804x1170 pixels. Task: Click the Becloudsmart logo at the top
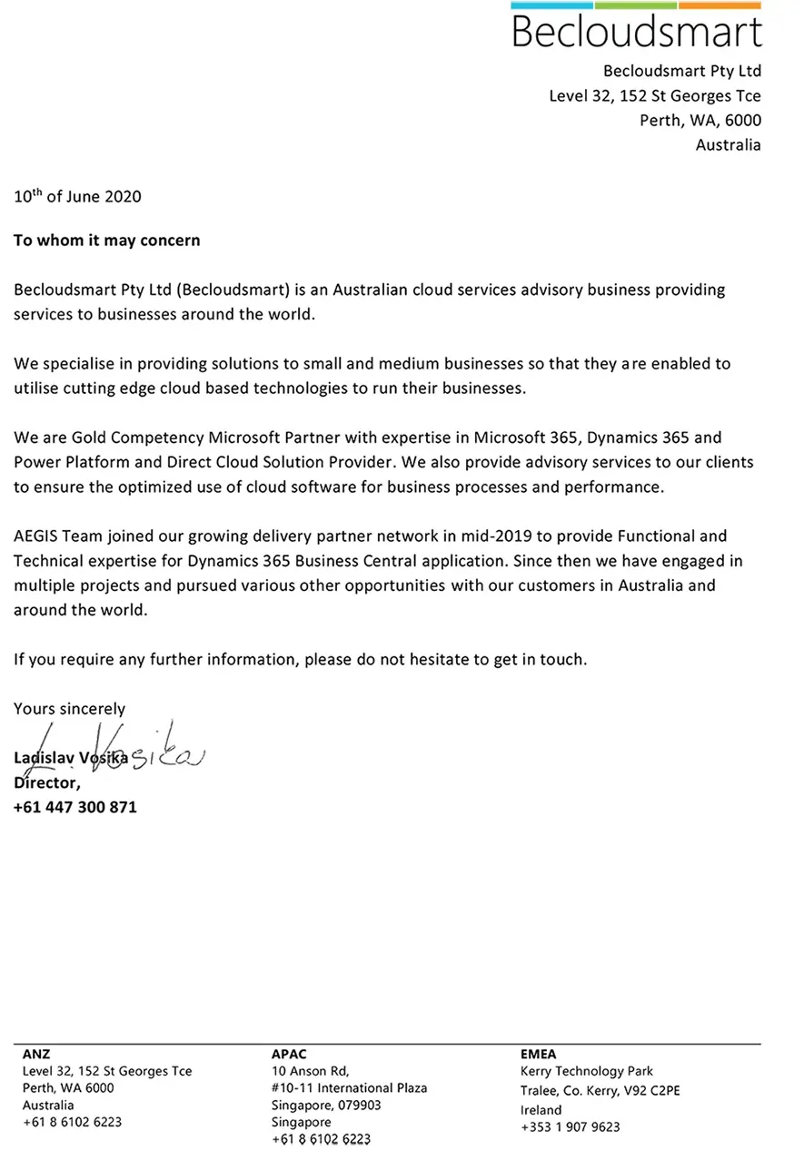pos(636,27)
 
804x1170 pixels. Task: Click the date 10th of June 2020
pos(77,196)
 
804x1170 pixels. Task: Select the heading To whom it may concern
pos(106,241)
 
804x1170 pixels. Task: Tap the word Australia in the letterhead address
pos(728,144)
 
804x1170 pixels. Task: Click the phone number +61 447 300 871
pos(75,806)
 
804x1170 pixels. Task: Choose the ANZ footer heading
pos(36,1054)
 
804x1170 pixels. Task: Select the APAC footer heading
pos(289,1054)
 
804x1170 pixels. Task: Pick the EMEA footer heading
pos(538,1054)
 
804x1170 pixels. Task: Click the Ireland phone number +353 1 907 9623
pos(570,1126)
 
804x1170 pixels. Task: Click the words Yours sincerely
pos(69,709)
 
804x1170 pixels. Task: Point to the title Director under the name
pos(46,782)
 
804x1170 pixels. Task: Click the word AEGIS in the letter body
pos(37,536)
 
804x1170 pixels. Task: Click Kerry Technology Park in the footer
pos(586,1071)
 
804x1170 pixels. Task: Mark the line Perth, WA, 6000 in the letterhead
pos(700,120)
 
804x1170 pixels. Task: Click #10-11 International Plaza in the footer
pos(349,1087)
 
